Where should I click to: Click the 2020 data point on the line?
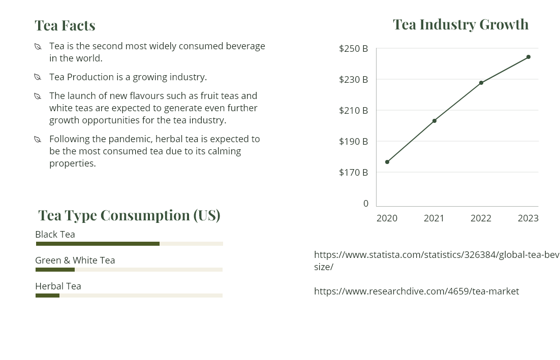click(x=387, y=162)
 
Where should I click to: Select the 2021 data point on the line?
click(x=434, y=121)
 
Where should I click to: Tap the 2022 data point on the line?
click(x=481, y=83)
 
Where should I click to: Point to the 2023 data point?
click(x=528, y=57)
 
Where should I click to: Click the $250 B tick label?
click(x=354, y=49)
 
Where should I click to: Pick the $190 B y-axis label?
click(x=354, y=141)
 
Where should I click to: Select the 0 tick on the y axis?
click(x=366, y=203)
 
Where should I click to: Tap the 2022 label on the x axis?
click(x=481, y=218)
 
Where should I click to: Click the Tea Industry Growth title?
click(x=460, y=24)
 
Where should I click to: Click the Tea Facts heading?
click(x=65, y=25)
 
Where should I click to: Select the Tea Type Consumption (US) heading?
click(x=129, y=215)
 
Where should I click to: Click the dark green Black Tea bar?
click(x=98, y=244)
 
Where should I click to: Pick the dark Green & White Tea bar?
click(x=55, y=270)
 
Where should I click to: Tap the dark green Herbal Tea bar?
click(x=48, y=296)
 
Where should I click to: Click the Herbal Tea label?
click(x=58, y=286)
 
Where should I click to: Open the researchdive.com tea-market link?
click(x=416, y=291)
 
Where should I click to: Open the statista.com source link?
click(x=436, y=255)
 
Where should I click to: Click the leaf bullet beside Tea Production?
click(x=38, y=77)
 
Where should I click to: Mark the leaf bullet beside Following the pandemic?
click(x=38, y=139)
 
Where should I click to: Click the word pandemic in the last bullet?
click(x=133, y=139)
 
